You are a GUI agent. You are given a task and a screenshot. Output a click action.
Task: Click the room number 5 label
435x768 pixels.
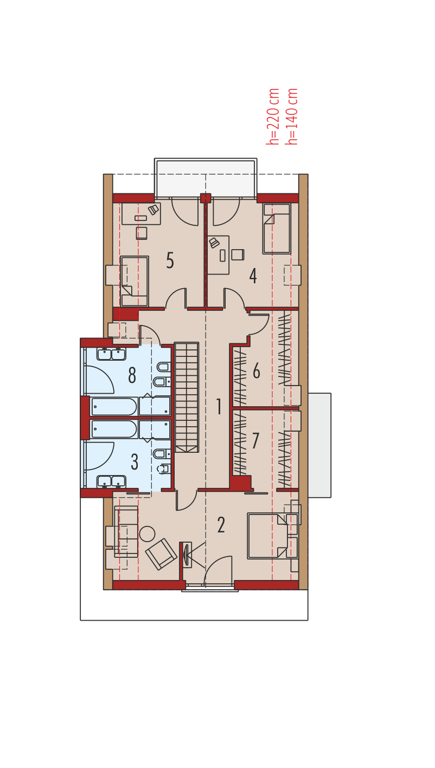point(170,260)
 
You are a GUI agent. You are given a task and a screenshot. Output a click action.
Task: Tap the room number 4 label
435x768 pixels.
point(253,276)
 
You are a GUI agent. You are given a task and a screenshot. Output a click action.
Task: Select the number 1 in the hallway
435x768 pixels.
point(219,406)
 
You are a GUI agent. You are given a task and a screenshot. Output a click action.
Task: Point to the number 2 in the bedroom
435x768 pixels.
point(221,525)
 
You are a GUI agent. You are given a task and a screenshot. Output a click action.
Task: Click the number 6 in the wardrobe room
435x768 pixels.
point(257,370)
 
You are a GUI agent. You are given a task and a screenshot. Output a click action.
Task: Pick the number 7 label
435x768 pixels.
point(255,440)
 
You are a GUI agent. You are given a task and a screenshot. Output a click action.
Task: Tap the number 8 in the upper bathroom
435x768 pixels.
point(132,375)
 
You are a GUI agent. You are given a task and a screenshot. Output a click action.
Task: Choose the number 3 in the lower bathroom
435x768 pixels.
point(135,462)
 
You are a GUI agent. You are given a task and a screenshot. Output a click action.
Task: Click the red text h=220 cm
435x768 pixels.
point(273,116)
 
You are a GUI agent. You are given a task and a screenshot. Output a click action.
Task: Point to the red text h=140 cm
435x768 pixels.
point(292,116)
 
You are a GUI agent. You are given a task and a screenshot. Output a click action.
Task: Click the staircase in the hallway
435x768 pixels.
point(187,397)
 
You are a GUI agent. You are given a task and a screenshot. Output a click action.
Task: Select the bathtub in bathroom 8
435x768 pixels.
point(114,406)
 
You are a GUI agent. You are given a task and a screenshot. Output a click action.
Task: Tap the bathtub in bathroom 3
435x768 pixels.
point(114,429)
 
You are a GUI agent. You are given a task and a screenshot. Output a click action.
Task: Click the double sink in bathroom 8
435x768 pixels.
point(111,354)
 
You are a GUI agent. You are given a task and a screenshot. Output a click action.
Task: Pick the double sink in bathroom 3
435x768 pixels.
point(111,481)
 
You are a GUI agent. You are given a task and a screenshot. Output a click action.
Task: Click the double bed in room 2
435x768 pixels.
point(268,536)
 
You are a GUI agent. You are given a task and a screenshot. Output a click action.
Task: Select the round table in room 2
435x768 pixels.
point(148,534)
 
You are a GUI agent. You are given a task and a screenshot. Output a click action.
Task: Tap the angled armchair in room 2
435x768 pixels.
point(161,554)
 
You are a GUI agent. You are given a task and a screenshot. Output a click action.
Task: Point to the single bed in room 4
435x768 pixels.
point(277,229)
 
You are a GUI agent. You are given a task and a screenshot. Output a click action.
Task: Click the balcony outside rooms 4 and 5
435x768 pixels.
point(206,178)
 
